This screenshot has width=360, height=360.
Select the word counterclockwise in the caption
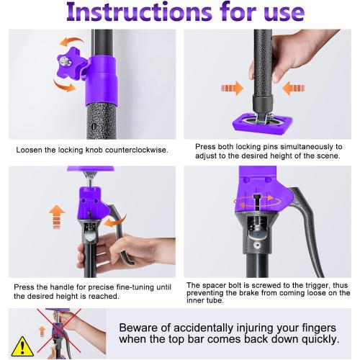(x=137, y=150)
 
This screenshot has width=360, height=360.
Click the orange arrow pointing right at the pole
(x=232, y=88)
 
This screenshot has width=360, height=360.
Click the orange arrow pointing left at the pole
(x=293, y=88)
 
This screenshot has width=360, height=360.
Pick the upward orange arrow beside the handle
(x=57, y=216)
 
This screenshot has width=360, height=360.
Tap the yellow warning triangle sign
(x=22, y=346)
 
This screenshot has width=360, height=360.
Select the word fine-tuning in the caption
(x=135, y=287)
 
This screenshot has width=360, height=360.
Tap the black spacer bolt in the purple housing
(x=256, y=202)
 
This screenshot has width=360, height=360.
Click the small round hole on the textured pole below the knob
(x=94, y=126)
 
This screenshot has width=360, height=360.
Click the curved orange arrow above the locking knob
(x=71, y=42)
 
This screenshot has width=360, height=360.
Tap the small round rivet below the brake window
(x=257, y=246)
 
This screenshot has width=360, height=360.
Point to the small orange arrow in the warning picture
(x=42, y=331)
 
